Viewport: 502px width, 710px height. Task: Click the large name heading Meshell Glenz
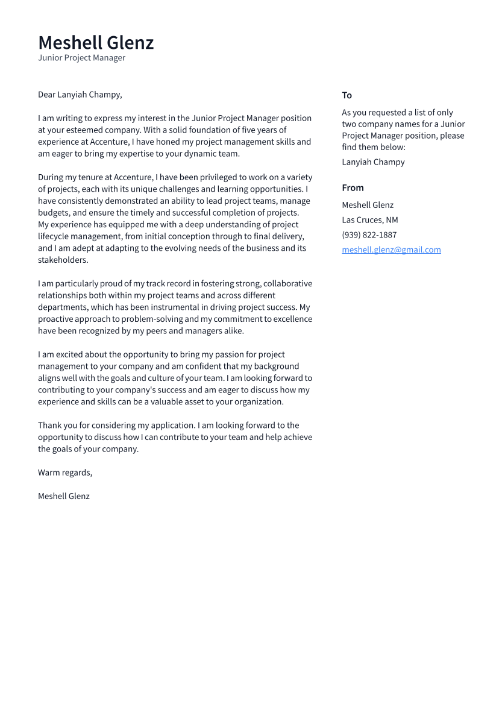click(96, 43)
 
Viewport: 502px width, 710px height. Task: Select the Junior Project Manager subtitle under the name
click(81, 58)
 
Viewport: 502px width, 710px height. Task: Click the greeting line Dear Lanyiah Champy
click(80, 95)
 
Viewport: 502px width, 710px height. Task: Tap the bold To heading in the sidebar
click(347, 95)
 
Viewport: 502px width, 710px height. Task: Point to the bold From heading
click(353, 187)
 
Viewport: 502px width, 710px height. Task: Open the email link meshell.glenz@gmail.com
click(391, 250)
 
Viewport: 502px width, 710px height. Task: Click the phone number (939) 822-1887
click(369, 234)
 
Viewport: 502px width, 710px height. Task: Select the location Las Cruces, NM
click(369, 220)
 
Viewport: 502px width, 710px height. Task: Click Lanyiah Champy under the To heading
click(373, 162)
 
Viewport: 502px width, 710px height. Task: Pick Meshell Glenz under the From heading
click(367, 205)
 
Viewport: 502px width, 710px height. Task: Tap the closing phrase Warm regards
click(65, 473)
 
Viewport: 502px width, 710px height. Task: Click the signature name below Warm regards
click(63, 496)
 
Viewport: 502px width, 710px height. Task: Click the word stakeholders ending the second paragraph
click(63, 260)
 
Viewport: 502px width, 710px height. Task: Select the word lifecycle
click(56, 236)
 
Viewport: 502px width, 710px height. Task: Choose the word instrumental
click(181, 307)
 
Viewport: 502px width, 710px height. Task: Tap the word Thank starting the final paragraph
click(49, 426)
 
